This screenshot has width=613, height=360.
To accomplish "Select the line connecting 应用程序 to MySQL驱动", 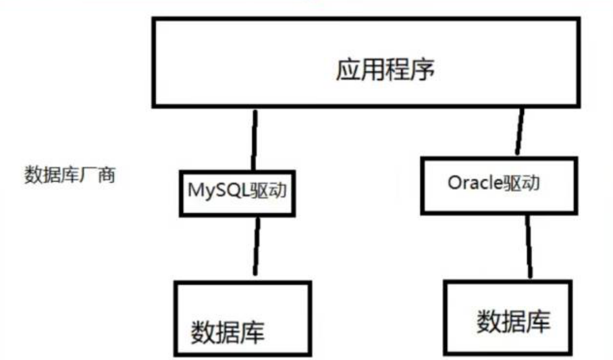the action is pyautogui.click(x=255, y=138).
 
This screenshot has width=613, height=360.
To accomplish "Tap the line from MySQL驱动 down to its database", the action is pyautogui.click(x=256, y=245).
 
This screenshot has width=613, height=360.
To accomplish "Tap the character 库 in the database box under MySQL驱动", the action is pyautogui.click(x=252, y=331).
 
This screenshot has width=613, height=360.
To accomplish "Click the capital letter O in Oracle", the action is pyautogui.click(x=453, y=184).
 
